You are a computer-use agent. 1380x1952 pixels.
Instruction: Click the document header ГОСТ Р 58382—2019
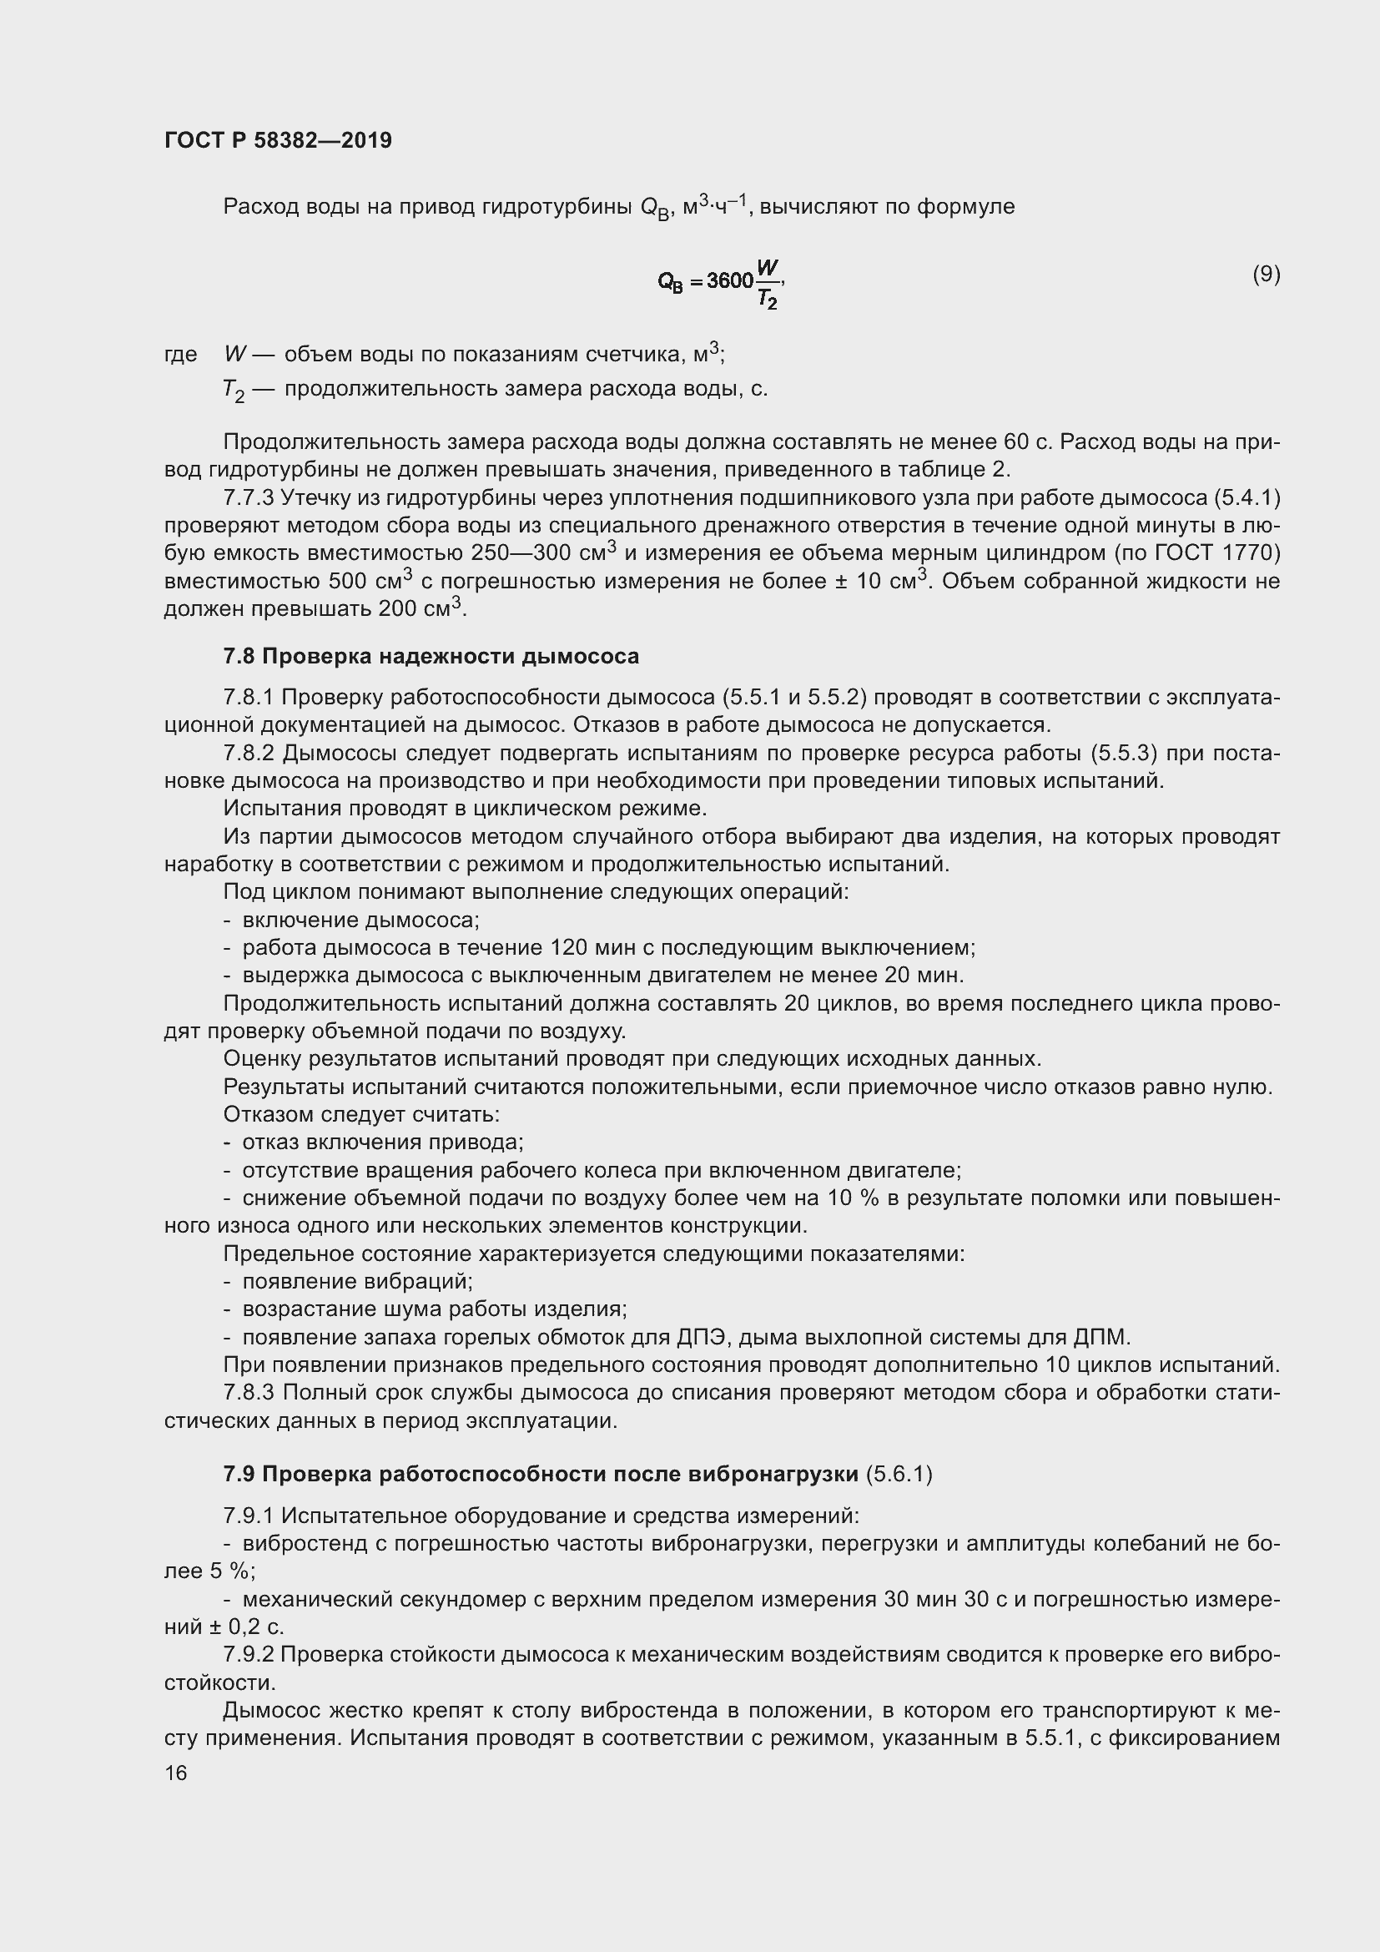tap(278, 140)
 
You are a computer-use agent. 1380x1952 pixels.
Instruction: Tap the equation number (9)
tap(1266, 274)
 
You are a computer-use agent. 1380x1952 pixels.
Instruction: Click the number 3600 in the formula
tap(730, 280)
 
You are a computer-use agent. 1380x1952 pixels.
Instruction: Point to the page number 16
tap(176, 1773)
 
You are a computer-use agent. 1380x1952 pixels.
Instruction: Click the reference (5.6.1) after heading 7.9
tap(899, 1474)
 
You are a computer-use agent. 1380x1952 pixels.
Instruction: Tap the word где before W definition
tap(180, 355)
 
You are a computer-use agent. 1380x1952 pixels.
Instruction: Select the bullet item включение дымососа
tap(361, 920)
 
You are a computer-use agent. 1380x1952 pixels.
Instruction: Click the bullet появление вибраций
tap(357, 1281)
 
